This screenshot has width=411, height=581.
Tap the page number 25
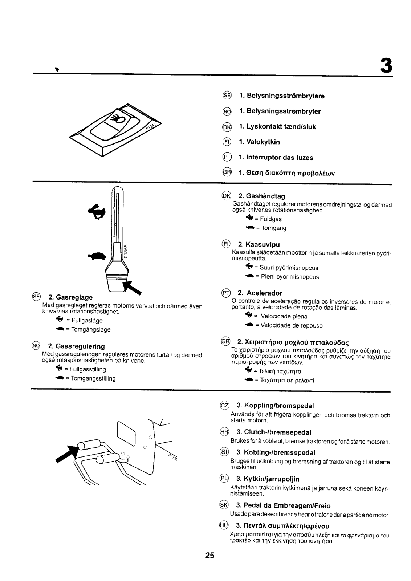210,555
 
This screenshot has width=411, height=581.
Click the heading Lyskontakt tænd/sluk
277,127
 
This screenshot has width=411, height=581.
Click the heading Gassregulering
76,346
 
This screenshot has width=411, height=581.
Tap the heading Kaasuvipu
259,244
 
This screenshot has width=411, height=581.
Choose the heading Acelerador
260,293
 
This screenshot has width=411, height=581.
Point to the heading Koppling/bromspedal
275,405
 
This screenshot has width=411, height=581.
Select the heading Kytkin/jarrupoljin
268,479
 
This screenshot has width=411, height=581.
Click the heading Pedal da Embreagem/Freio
283,505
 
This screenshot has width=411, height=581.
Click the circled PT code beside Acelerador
226,293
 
